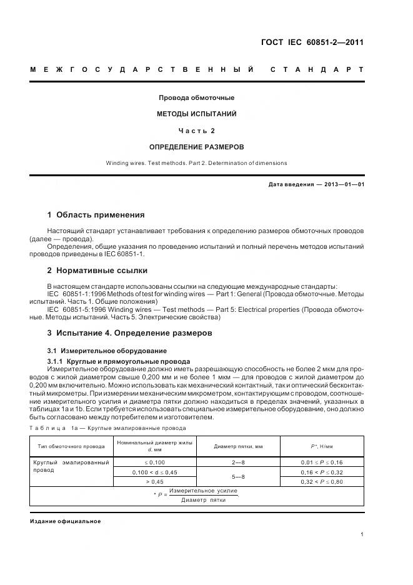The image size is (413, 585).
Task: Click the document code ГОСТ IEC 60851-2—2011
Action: (x=311, y=42)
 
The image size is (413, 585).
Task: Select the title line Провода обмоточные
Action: (x=197, y=97)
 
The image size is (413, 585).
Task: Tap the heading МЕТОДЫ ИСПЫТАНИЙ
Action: (x=197, y=114)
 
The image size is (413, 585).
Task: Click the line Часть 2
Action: (x=197, y=131)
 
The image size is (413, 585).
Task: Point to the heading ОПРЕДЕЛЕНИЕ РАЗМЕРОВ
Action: (x=197, y=147)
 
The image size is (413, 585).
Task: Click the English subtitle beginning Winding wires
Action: (x=197, y=163)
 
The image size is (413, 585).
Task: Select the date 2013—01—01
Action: (x=342, y=185)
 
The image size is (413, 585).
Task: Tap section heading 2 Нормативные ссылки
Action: (x=97, y=271)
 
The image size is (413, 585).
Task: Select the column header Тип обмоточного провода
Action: (x=71, y=447)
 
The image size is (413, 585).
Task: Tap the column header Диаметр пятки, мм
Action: (x=238, y=447)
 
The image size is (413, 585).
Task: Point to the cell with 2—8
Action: (x=238, y=462)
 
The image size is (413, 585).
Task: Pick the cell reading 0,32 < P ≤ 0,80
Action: (x=322, y=482)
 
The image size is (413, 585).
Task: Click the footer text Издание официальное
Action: (x=65, y=521)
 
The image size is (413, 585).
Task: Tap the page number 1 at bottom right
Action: (x=362, y=534)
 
